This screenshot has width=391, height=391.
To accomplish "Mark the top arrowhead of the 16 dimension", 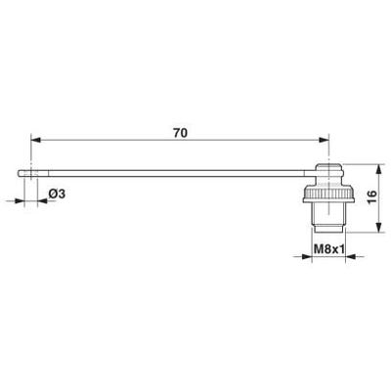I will [378, 170].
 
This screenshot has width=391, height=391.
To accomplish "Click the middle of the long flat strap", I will [176, 175].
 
